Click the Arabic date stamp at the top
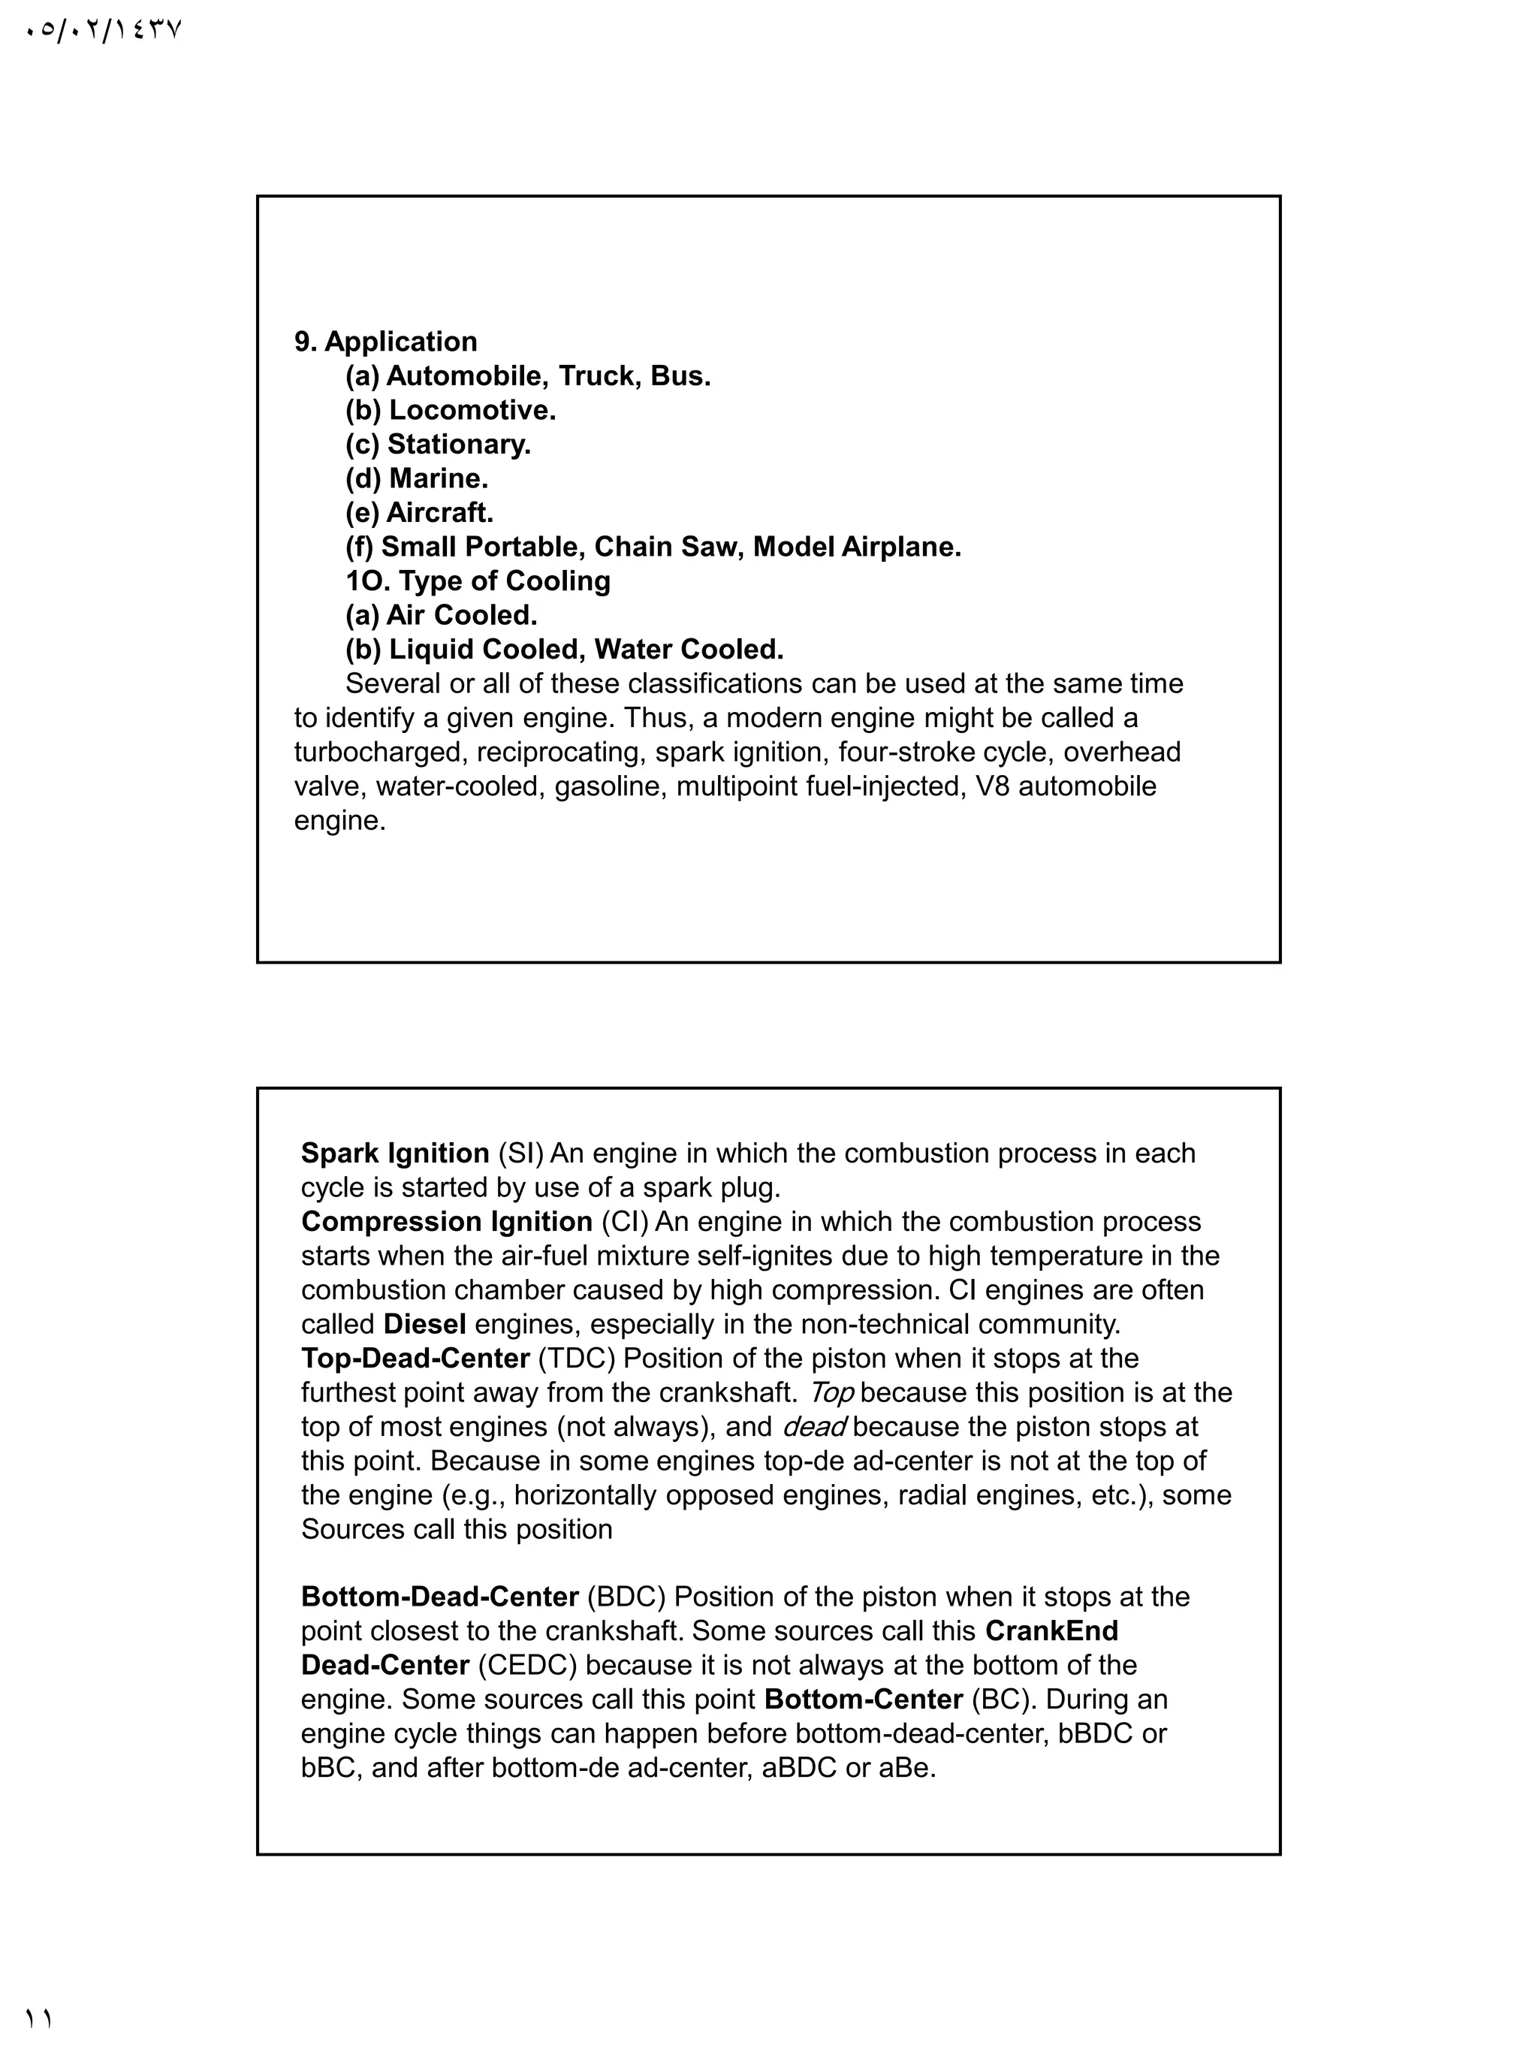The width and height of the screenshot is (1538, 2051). (103, 30)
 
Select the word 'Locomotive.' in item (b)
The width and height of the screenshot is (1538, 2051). (472, 410)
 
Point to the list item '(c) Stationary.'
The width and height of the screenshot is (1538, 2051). (438, 444)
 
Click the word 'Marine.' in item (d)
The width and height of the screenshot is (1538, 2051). (438, 478)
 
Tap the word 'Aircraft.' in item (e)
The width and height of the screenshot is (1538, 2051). (439, 513)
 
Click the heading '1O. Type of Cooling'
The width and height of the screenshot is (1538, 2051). (478, 581)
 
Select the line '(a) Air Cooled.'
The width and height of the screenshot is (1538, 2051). (442, 616)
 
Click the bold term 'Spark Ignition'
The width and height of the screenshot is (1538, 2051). (395, 1154)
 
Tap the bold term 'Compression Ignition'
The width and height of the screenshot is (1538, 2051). (446, 1222)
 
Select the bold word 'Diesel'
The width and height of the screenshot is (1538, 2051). (424, 1324)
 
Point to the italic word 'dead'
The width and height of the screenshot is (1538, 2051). (814, 1427)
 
